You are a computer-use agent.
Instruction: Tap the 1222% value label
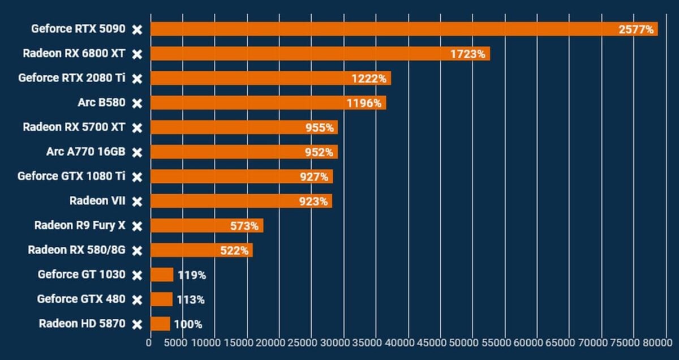pyautogui.click(x=369, y=79)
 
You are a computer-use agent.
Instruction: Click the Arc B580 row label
pyautogui.click(x=102, y=103)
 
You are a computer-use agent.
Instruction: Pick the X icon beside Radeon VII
pyautogui.click(x=137, y=201)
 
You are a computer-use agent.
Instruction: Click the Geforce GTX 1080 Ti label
pyautogui.click(x=71, y=176)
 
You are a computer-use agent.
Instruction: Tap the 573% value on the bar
pyautogui.click(x=244, y=226)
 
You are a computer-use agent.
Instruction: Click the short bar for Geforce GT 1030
pyautogui.click(x=162, y=275)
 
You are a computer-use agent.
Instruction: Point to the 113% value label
pyautogui.click(x=191, y=299)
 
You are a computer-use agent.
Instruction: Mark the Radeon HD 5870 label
pyautogui.click(x=81, y=324)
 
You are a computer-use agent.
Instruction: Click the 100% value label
pyautogui.click(x=188, y=324)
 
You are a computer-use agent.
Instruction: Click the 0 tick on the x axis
pyautogui.click(x=149, y=342)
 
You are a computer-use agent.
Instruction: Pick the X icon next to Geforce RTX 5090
pyautogui.click(x=137, y=29)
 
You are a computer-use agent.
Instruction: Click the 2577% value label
pyautogui.click(x=636, y=29)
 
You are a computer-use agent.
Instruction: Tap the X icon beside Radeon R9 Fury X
pyautogui.click(x=137, y=226)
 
